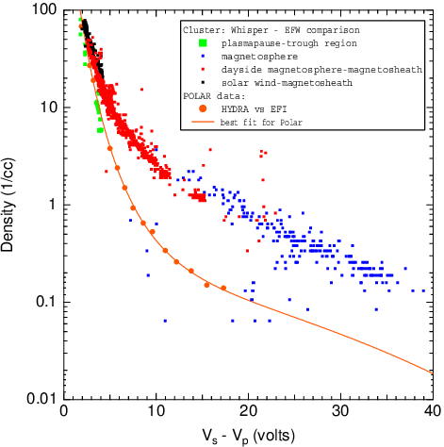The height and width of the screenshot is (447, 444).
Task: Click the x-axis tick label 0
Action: [63, 412]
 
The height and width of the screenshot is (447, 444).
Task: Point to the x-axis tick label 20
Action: [248, 412]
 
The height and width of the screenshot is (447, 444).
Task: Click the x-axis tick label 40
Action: [430, 412]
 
